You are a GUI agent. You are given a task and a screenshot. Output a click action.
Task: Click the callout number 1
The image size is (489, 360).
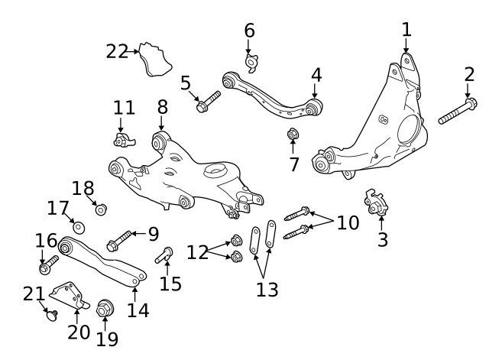pos(406,30)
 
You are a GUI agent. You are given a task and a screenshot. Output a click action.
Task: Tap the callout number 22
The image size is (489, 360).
pos(117,51)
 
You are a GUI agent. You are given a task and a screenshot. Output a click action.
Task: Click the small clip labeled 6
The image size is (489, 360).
pos(251,61)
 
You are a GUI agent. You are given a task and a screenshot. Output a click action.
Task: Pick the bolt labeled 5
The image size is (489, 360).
pos(208,102)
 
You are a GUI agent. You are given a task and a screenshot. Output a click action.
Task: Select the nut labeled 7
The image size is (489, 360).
pos(293,135)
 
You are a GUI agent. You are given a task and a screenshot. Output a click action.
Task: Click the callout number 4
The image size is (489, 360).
pos(316,75)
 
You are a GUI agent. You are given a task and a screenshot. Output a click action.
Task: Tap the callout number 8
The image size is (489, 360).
pos(162,107)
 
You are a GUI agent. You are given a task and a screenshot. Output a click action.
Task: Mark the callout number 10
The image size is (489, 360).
pos(348,222)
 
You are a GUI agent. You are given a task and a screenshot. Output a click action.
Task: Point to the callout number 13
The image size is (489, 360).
pos(267,289)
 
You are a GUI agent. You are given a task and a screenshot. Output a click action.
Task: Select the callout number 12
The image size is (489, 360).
pos(198,251)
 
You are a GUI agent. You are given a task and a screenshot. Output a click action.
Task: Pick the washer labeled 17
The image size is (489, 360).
pos(79,226)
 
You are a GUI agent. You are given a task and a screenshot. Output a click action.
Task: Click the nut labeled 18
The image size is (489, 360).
pos(100,209)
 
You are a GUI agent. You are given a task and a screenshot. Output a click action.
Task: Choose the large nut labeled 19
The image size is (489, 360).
pos(106,309)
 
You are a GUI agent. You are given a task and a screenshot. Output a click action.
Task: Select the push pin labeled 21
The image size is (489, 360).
pos(53,314)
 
